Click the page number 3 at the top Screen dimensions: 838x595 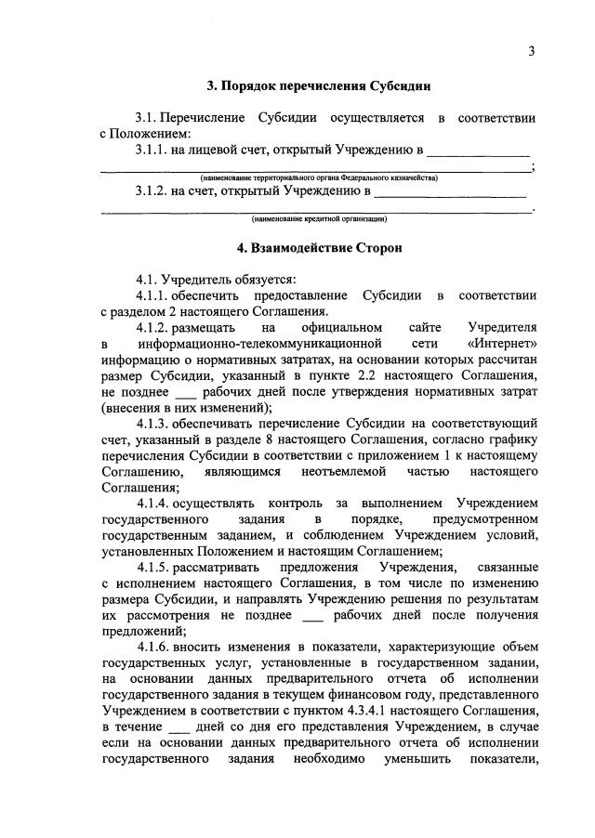click(532, 51)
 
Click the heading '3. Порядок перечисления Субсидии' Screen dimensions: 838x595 click(318, 87)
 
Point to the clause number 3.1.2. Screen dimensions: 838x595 click(152, 192)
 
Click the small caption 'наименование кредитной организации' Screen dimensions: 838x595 click(318, 220)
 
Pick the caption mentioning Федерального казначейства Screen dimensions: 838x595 click(318, 177)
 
